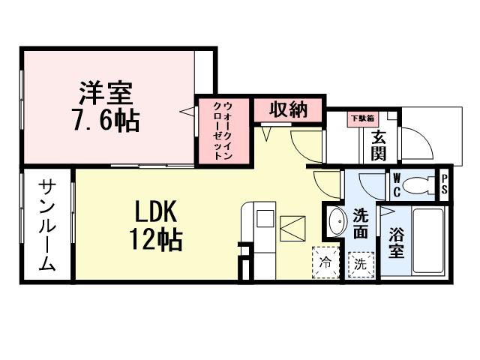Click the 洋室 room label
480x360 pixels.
pyautogui.click(x=106, y=93)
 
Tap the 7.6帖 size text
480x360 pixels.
pyautogui.click(x=106, y=119)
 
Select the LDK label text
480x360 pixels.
pyautogui.click(x=156, y=211)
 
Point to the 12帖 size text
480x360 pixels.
pyautogui.click(x=156, y=239)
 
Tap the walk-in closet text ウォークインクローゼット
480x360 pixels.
pyautogui.click(x=223, y=132)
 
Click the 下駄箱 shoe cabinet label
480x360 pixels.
pyautogui.click(x=363, y=118)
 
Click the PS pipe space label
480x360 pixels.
pyautogui.click(x=445, y=184)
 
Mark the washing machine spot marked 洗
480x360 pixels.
pyautogui.click(x=360, y=264)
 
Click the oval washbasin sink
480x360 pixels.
pyautogui.click(x=337, y=222)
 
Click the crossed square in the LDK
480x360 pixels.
pyautogui.click(x=292, y=228)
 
